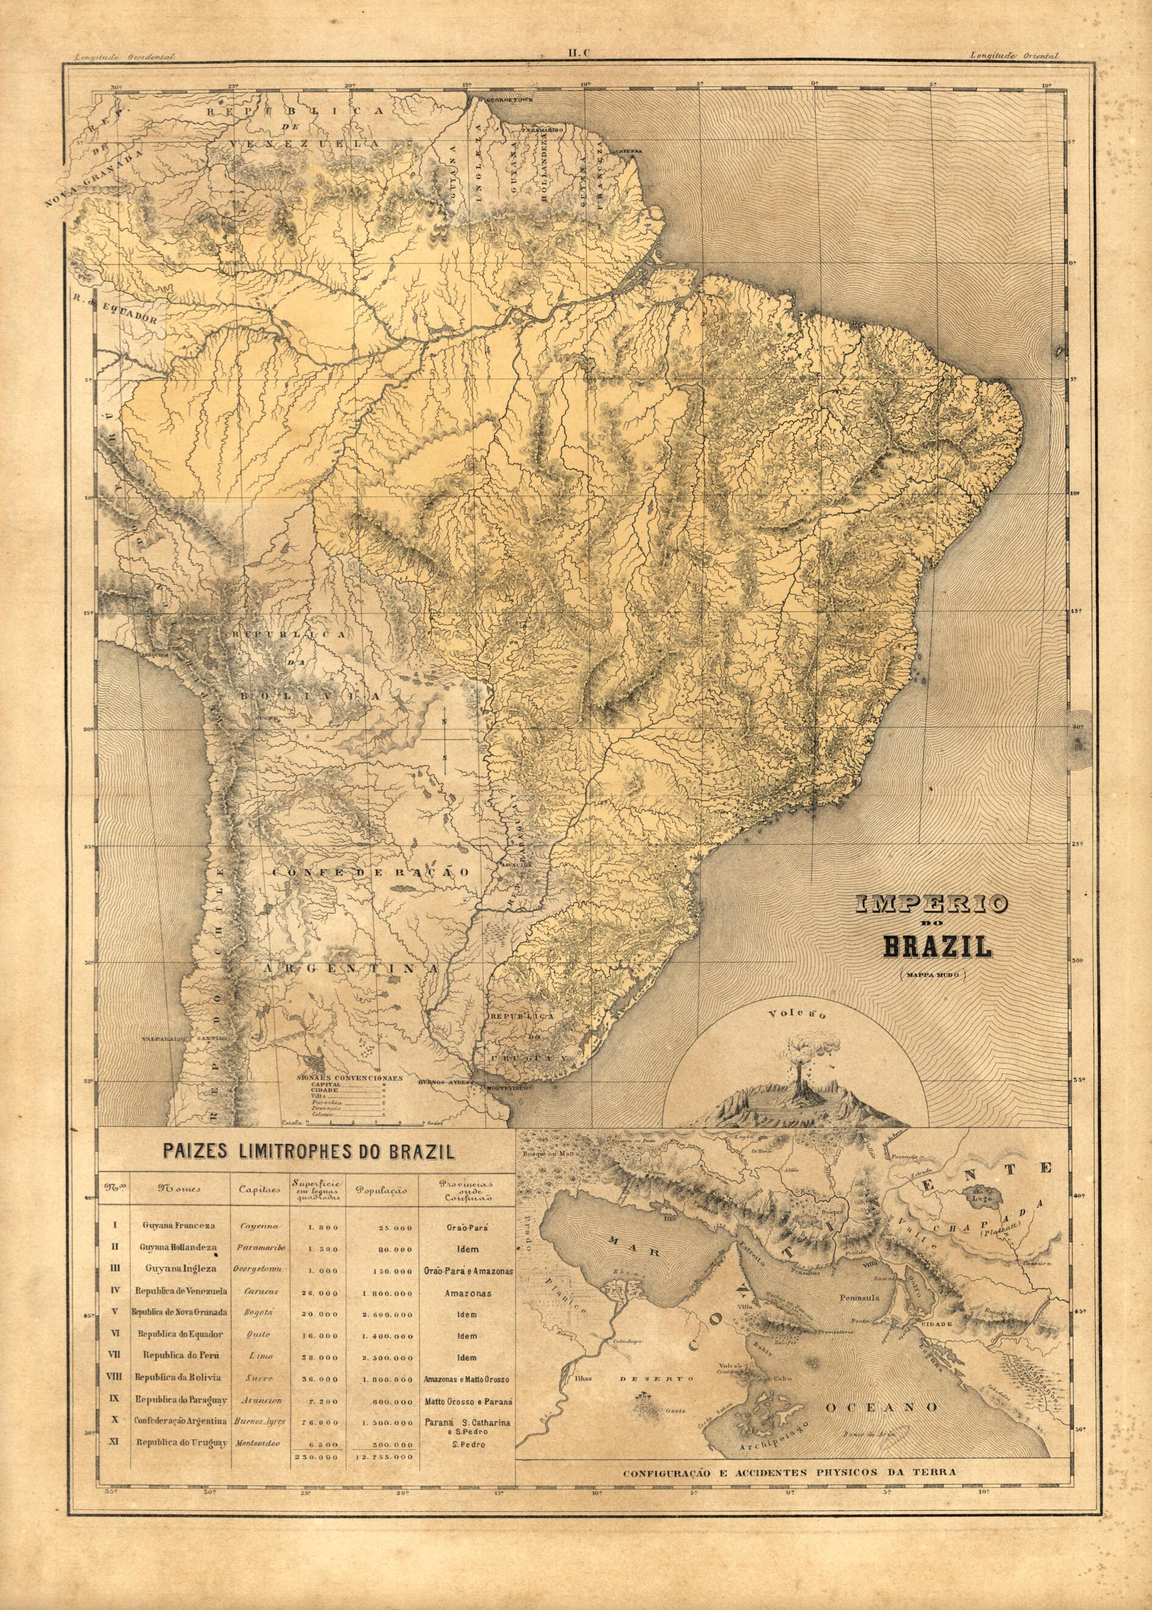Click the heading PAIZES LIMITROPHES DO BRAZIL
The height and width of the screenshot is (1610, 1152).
point(308,1151)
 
